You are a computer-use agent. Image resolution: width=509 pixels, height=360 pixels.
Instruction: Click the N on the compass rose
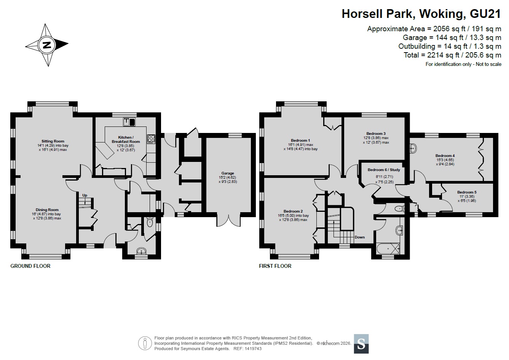pyautogui.click(x=47, y=45)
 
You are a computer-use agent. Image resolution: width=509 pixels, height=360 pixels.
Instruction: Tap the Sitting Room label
pyautogui.click(x=53, y=141)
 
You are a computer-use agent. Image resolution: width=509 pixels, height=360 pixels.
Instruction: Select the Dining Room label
pyautogui.click(x=47, y=210)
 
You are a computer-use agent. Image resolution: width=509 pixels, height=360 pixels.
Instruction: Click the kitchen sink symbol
pyautogui.click(x=129, y=122)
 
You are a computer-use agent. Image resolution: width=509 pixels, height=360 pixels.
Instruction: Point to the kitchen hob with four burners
pyautogui.click(x=151, y=139)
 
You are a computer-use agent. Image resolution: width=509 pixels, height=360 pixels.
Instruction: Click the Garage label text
pyautogui.click(x=228, y=173)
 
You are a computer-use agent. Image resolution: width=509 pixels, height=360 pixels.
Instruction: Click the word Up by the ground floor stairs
pyautogui.click(x=85, y=195)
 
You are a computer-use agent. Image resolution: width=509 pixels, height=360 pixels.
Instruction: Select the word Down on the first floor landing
pyautogui.click(x=359, y=237)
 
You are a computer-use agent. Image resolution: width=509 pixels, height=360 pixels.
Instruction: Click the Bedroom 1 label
pyautogui.click(x=300, y=140)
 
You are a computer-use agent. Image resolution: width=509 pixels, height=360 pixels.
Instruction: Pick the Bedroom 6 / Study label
pyautogui.click(x=384, y=170)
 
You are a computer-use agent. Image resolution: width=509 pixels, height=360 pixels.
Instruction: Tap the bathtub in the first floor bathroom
pyautogui.click(x=388, y=248)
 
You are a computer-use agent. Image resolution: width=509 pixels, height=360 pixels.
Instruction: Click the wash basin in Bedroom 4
pyautogui.click(x=413, y=148)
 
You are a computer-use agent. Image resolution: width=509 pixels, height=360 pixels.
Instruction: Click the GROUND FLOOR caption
pyautogui.click(x=30, y=266)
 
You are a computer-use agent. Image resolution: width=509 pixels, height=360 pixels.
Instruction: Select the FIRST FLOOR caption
pyautogui.click(x=275, y=266)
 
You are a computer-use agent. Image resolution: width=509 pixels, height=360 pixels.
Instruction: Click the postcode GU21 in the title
pyautogui.click(x=485, y=14)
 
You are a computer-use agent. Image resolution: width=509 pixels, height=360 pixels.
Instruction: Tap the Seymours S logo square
pyautogui.click(x=361, y=344)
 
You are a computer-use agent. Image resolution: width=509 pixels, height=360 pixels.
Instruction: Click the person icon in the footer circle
pyautogui.click(x=145, y=343)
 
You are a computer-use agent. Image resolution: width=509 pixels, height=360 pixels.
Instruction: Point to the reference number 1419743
pyautogui.click(x=253, y=349)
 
